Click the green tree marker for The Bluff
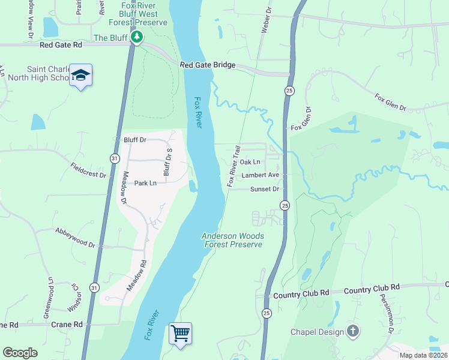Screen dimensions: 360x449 coord(137,38)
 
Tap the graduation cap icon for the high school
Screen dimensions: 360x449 coord(81,76)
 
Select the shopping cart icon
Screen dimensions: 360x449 coord(180,332)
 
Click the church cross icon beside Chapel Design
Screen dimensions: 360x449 coord(353,331)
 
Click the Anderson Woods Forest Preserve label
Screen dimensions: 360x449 coord(232,240)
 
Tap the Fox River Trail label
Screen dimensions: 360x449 coord(234,166)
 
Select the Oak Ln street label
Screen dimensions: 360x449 coord(250,162)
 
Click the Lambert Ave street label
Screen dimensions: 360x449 coord(261,175)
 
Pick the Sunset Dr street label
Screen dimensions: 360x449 coord(265,189)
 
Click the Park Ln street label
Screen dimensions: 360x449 coord(145,183)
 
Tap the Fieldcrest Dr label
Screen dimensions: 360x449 coord(88,170)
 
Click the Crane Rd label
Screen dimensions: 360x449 coord(68,325)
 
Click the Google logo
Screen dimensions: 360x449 coord(20,353)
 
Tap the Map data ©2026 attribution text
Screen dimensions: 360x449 coord(424,355)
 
